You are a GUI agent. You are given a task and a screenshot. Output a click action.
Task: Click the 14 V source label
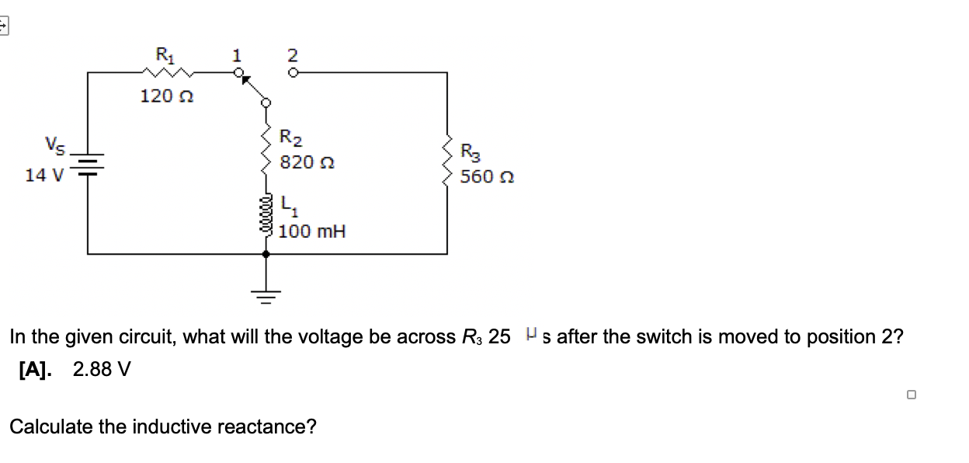[44, 175]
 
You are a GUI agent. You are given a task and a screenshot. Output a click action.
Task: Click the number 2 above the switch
[292, 55]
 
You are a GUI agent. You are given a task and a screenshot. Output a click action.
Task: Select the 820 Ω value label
[307, 162]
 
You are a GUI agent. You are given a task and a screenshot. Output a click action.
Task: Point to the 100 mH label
[312, 231]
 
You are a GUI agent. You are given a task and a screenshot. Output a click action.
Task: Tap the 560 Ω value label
[487, 177]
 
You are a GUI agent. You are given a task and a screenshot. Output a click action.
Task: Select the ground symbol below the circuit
[266, 294]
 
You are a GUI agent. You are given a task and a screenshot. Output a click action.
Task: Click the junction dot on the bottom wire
[266, 254]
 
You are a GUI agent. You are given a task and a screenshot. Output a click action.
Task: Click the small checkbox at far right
[911, 395]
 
